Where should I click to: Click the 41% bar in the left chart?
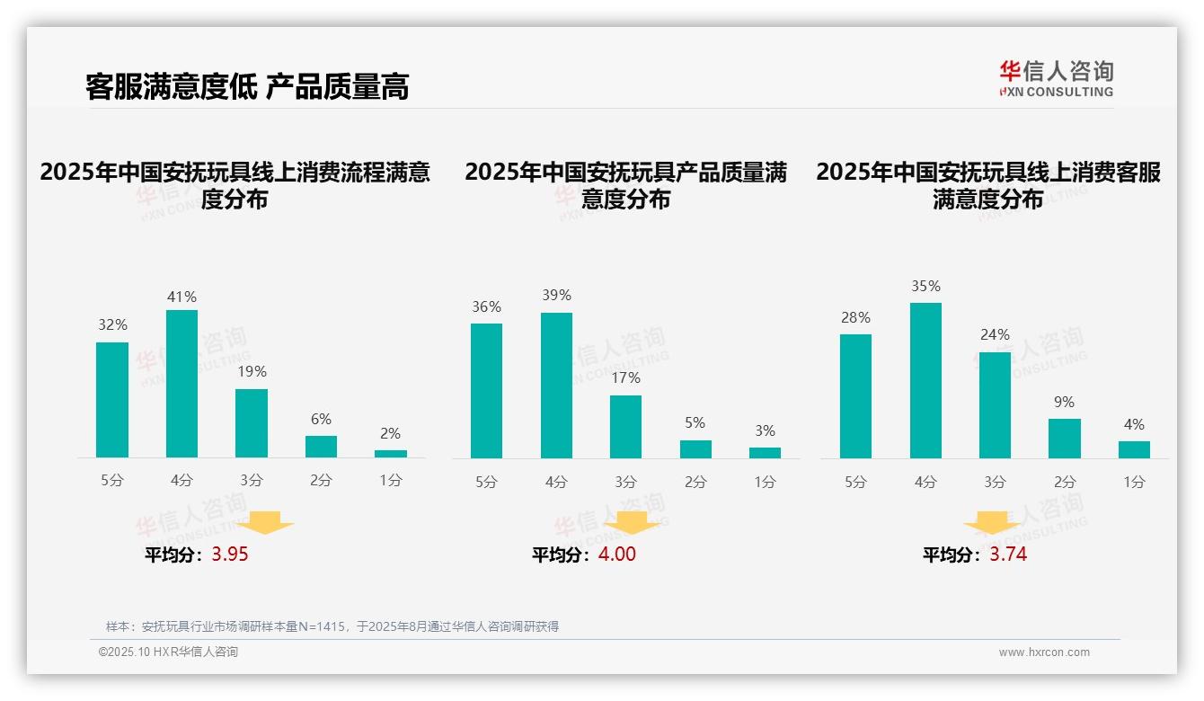pos(181,384)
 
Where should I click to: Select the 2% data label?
pos(390,433)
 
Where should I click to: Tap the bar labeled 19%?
pos(252,423)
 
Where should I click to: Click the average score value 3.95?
pos(230,555)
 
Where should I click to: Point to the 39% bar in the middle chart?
pos(556,386)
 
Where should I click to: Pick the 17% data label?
pos(625,378)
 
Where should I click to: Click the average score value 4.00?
pos(616,555)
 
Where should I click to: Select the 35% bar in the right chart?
pos(925,380)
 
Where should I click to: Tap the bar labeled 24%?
pos(995,405)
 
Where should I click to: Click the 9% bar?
pos(1065,439)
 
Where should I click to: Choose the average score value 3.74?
pos(1008,555)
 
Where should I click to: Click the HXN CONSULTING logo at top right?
pos(1056,79)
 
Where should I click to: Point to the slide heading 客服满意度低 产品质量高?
pos(247,87)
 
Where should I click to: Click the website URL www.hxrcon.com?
pos(1044,652)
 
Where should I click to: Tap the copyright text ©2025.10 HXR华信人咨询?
pos(168,652)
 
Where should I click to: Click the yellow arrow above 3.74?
pos(992,524)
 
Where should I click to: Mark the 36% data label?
pos(486,307)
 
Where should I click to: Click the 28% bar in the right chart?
pos(855,396)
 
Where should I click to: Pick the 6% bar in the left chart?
pos(321,447)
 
